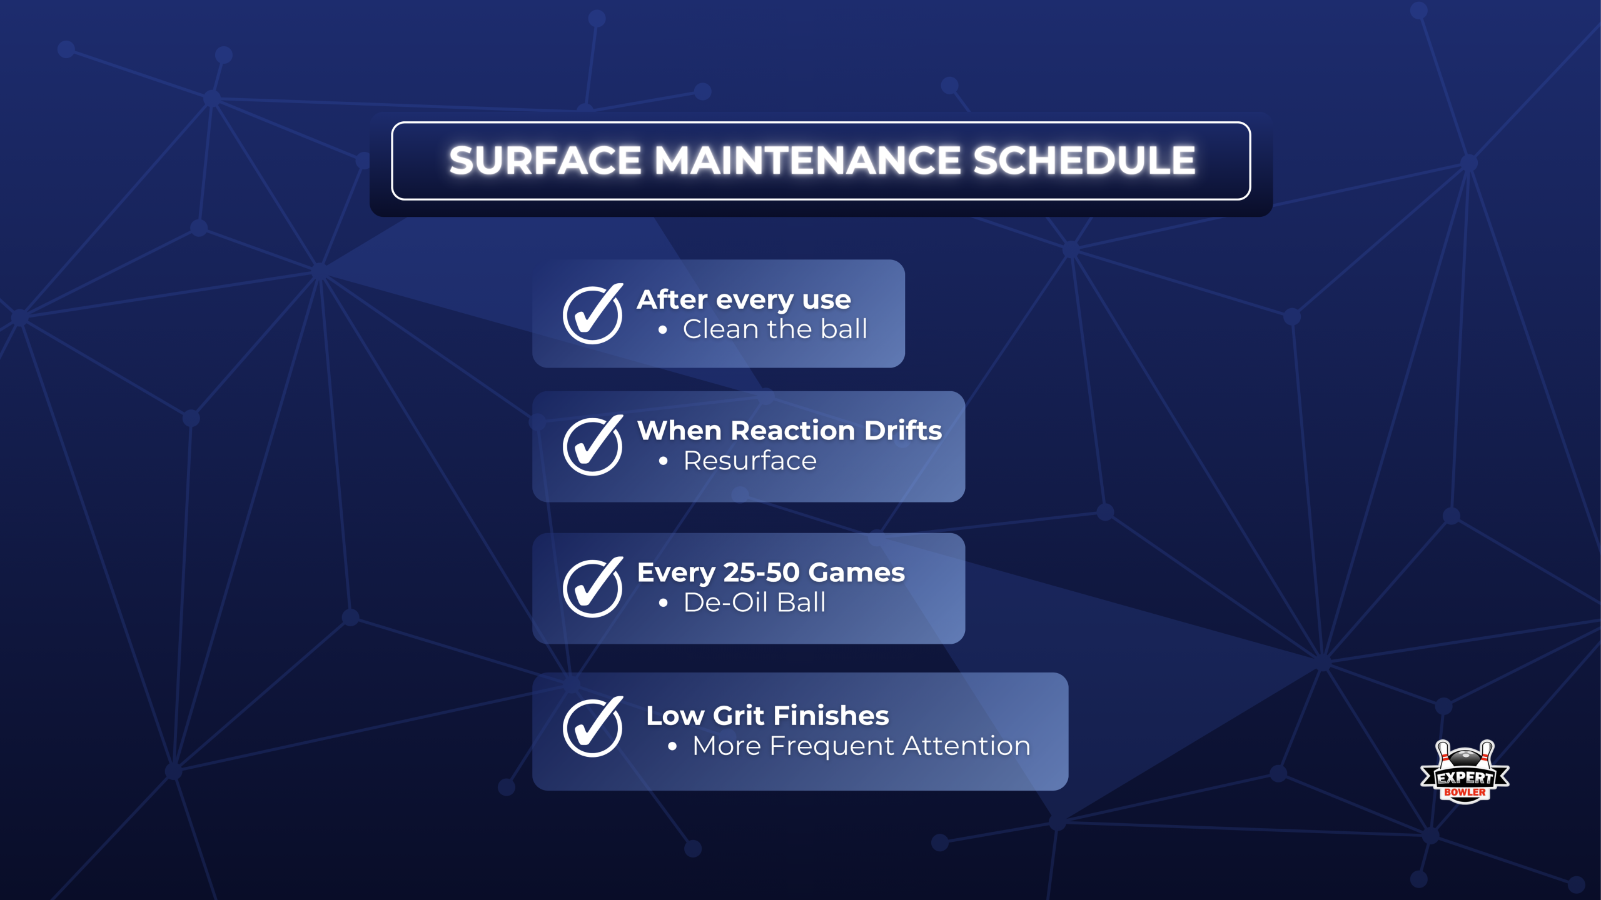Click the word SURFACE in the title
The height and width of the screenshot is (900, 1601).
coord(545,161)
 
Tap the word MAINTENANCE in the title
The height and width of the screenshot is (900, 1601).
coord(806,161)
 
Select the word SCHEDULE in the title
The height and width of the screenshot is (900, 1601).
coord(1084,161)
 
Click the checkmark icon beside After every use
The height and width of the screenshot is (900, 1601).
coord(592,314)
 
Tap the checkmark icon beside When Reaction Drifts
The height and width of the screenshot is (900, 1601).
coord(592,445)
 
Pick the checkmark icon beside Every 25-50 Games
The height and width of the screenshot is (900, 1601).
coord(592,587)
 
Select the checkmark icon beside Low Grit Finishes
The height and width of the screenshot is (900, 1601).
coord(592,727)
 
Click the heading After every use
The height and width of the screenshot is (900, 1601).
coord(744,300)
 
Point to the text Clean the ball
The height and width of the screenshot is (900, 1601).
coord(775,329)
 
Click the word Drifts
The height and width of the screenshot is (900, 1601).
coord(903,431)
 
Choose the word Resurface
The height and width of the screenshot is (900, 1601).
coord(750,461)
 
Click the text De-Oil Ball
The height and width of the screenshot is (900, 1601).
coord(754,602)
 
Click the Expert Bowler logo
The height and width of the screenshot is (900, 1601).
coord(1464,772)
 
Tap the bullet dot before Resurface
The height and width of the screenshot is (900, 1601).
coord(664,462)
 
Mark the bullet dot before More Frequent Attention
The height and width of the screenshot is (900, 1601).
coord(672,746)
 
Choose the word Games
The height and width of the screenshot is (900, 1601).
coord(856,572)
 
